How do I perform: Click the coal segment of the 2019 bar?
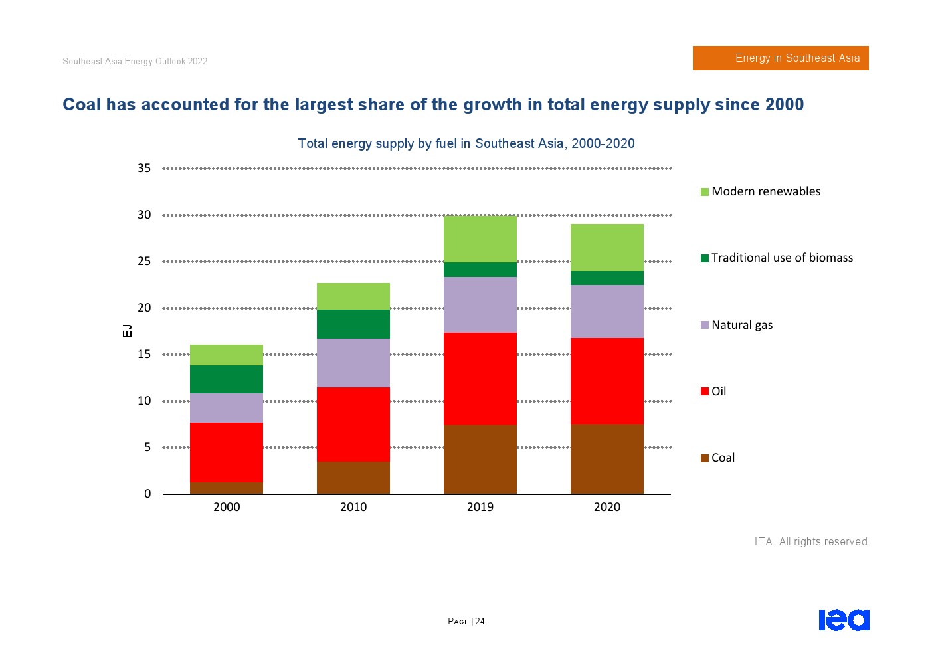click(x=480, y=459)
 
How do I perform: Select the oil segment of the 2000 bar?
click(x=227, y=452)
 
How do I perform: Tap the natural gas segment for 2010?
click(x=353, y=363)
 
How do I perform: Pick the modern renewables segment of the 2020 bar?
click(x=606, y=247)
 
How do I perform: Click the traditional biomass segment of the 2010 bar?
click(x=353, y=324)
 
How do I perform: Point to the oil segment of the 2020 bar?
click(x=606, y=381)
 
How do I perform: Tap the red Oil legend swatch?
click(x=705, y=391)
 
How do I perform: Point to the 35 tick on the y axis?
click(x=144, y=168)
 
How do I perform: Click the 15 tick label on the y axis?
click(x=144, y=354)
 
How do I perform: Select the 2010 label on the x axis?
click(x=353, y=507)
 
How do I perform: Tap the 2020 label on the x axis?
click(x=606, y=507)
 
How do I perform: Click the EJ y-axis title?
click(x=127, y=331)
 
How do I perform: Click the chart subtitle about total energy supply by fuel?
click(x=466, y=143)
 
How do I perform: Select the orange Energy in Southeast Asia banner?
click(x=781, y=58)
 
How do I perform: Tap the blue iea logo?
click(x=844, y=620)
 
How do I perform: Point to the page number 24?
click(x=480, y=622)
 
